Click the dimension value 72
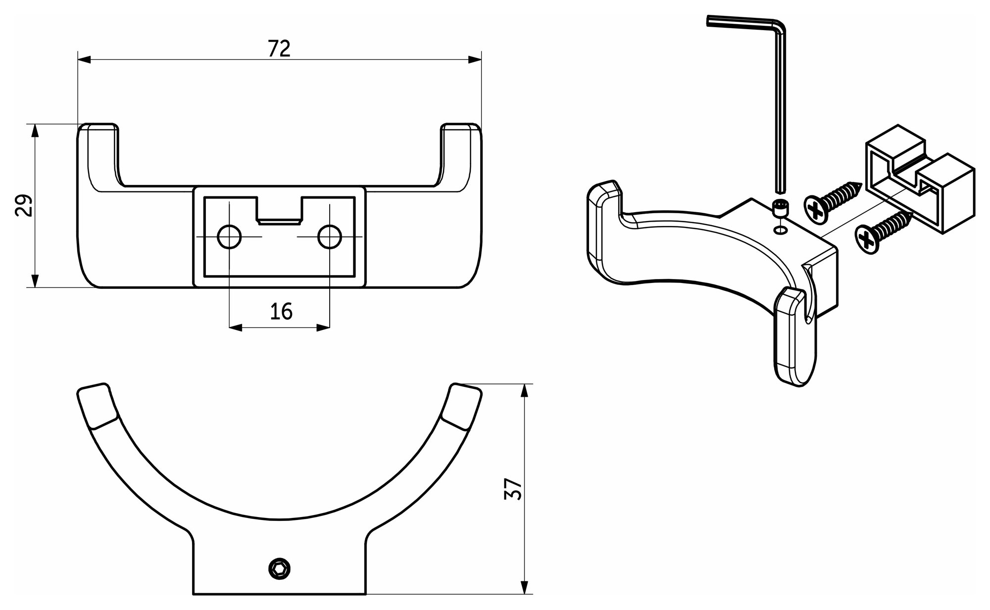click(x=279, y=48)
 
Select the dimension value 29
click(x=24, y=205)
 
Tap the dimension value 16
click(x=281, y=312)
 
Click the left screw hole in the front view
click(x=229, y=237)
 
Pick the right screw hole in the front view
click(x=329, y=237)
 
